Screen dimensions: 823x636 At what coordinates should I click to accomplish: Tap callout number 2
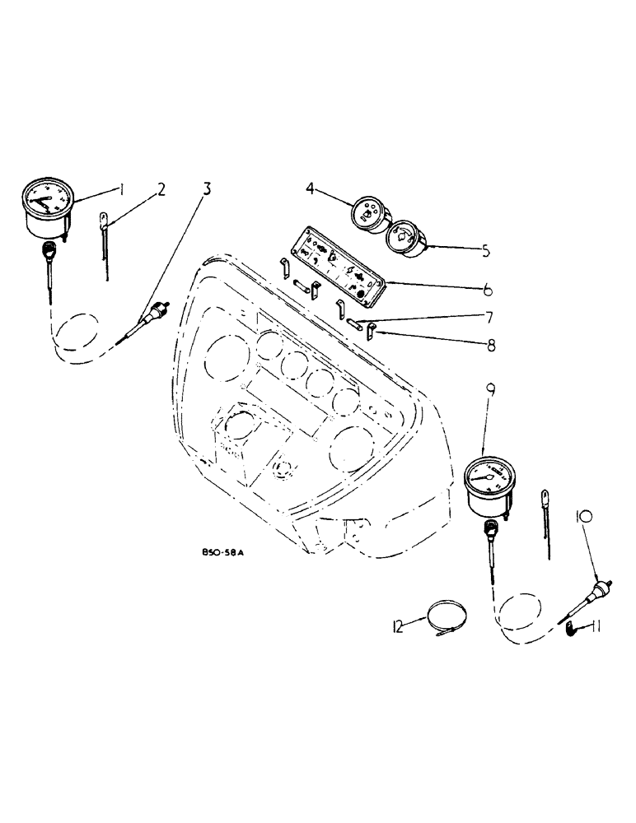click(161, 189)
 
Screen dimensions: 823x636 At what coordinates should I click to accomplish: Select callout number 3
click(207, 188)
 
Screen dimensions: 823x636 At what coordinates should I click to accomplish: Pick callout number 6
click(489, 290)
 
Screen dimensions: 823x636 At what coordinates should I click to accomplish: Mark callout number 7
click(489, 318)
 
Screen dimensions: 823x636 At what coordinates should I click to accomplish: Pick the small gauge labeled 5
click(404, 238)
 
